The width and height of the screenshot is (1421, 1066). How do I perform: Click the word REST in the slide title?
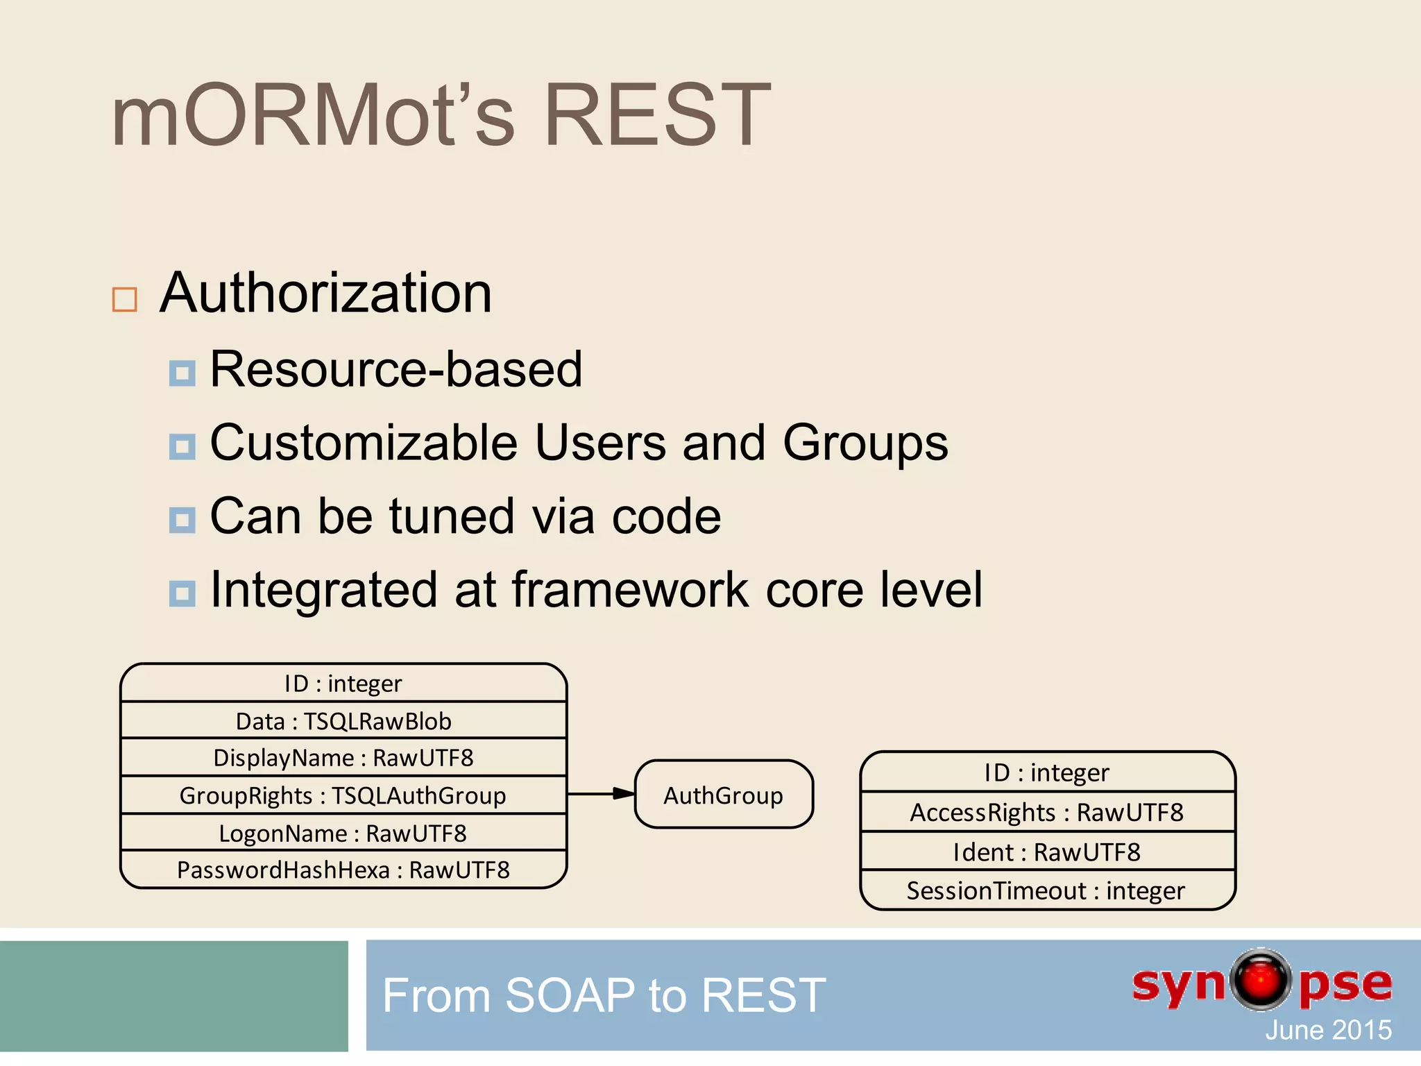point(656,115)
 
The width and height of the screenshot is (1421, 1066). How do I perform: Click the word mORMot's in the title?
point(312,115)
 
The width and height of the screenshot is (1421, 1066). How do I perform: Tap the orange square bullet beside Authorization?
point(125,300)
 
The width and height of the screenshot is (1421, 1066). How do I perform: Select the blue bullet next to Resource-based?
point(182,373)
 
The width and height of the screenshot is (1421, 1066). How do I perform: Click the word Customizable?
point(364,443)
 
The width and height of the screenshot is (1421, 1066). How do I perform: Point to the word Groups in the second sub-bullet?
point(865,443)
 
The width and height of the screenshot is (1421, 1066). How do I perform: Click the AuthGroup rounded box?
point(723,795)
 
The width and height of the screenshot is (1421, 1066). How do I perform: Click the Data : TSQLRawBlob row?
point(343,721)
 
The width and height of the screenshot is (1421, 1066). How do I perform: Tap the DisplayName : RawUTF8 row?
point(343,758)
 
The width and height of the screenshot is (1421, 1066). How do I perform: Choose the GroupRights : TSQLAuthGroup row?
point(343,795)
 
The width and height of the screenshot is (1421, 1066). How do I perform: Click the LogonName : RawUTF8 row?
point(343,833)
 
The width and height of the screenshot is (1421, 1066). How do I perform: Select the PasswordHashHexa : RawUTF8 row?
point(343,870)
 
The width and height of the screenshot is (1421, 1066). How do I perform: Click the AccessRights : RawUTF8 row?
point(1046,812)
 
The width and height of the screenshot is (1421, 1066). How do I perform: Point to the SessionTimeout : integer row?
point(1046,890)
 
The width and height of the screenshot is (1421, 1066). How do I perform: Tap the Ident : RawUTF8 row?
point(1046,852)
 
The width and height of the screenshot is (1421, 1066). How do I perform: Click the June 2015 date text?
point(1327,1030)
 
